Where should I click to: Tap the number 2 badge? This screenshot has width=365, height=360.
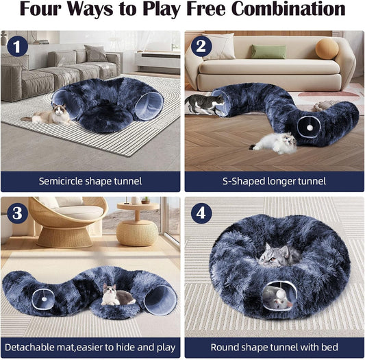pos(200,47)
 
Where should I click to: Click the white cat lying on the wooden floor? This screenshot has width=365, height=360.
pos(274,143)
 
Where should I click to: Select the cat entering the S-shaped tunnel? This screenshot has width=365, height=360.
pos(205,104)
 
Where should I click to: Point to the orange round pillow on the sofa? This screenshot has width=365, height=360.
pos(327,48)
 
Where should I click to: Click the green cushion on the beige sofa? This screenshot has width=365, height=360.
pos(268,51)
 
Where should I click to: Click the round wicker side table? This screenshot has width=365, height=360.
pos(136,227)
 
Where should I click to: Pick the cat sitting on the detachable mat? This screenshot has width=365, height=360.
pos(116,296)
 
